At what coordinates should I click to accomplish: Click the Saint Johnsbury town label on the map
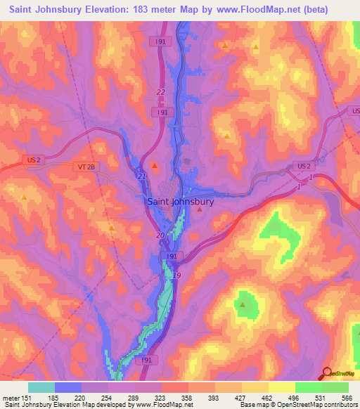coord(181,200)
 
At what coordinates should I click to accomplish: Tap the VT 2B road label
coord(82,167)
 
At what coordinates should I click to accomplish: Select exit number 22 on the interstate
coord(160,92)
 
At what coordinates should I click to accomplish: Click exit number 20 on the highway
coord(160,235)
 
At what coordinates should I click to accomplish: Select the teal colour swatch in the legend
coord(41,387)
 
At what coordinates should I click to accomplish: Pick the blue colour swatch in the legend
coord(68,387)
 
